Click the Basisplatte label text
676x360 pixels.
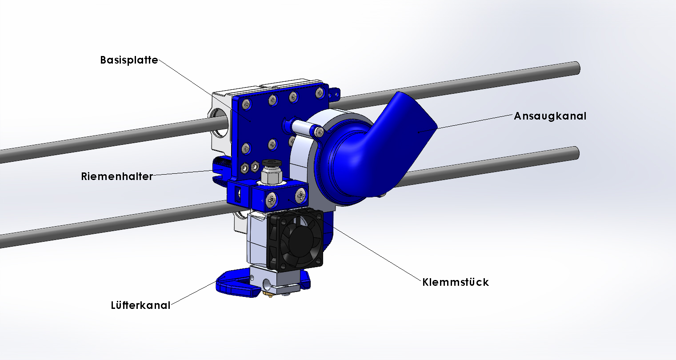(129, 60)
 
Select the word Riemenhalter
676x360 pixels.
(117, 176)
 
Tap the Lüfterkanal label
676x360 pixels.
(140, 305)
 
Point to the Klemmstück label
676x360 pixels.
(456, 282)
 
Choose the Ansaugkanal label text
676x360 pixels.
(550, 116)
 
